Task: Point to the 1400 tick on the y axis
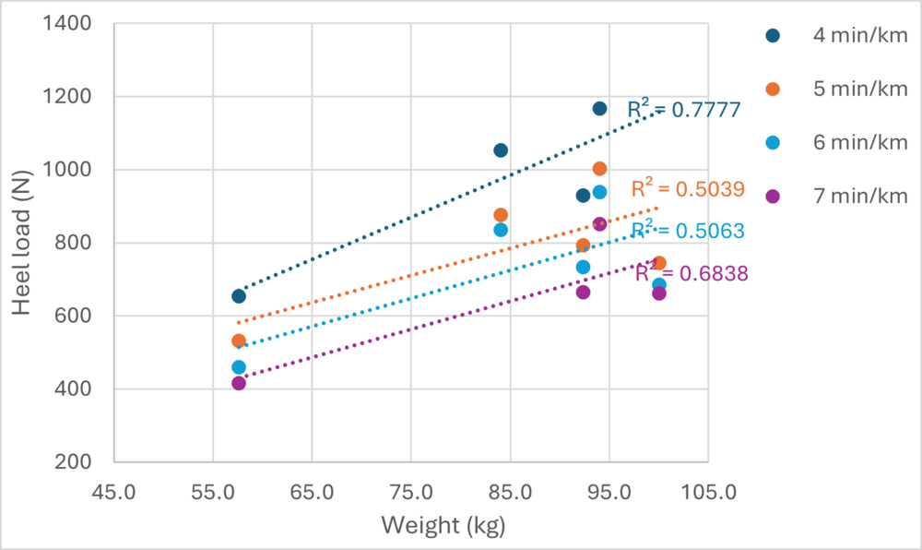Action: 79,23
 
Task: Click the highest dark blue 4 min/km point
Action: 599,109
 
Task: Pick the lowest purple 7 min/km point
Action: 239,383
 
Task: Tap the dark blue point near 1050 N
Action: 501,150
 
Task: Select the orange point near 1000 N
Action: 599,169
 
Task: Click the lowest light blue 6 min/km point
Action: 239,367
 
